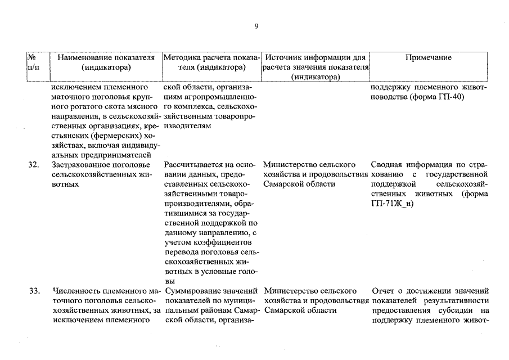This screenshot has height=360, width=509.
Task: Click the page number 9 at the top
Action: point(256,26)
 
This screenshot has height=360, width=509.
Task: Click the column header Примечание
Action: point(427,57)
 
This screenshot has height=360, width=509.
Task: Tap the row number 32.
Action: point(34,165)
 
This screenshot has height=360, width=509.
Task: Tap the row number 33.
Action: point(34,291)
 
